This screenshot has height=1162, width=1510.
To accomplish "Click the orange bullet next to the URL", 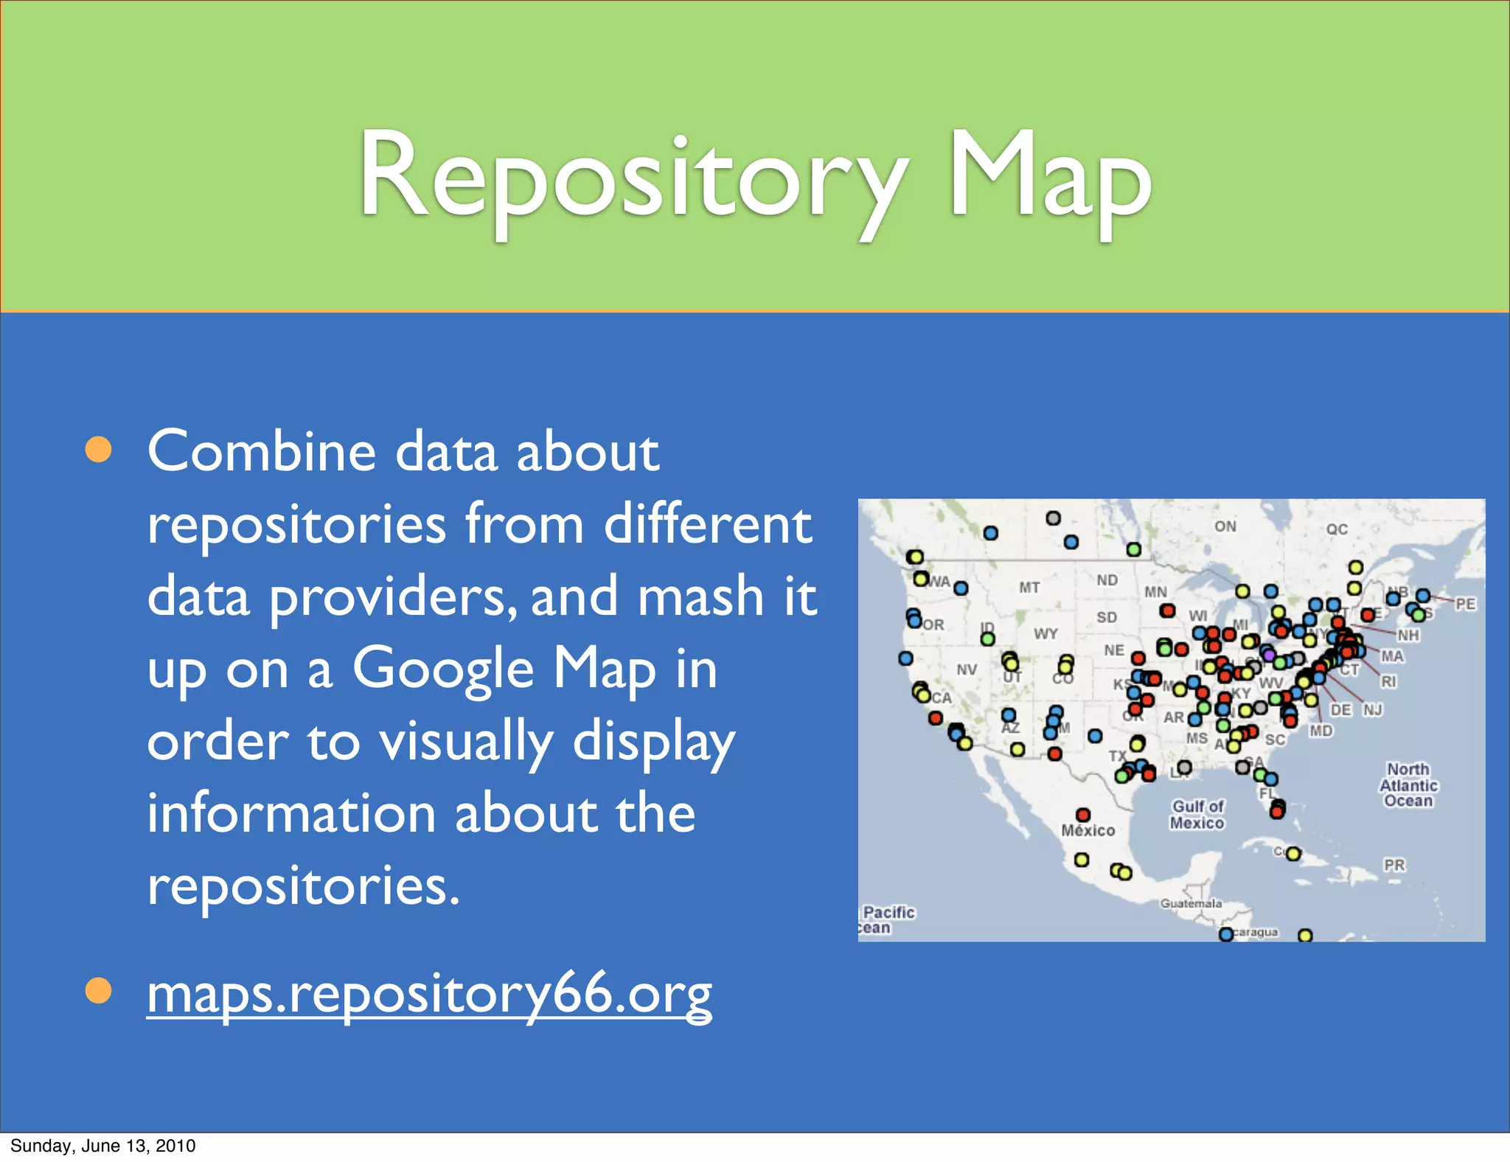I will coord(98,991).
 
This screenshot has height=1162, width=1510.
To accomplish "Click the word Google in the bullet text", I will coord(442,668).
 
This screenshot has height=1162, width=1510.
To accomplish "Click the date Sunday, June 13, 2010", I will coord(103,1145).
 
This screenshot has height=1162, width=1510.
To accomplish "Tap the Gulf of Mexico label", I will coord(1197,814).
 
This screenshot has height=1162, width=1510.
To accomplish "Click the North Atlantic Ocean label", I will coord(1408,784).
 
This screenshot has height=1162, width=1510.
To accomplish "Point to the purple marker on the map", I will coord(1268,654).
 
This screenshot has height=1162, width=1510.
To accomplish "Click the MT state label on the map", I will coord(1029,588).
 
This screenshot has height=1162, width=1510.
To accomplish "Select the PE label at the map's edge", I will coord(1465,604).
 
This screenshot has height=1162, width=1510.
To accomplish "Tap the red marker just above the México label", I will coord(1082,814).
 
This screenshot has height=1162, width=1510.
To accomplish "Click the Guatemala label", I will coord(1191,903).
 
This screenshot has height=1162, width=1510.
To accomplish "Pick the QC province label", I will coord(1337,529).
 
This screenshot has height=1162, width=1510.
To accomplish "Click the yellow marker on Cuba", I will coord(1293,854).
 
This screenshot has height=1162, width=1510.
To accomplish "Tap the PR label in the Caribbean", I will coord(1394,864).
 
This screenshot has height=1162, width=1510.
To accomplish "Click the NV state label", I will coord(967,669).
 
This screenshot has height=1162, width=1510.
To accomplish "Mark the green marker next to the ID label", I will coord(988,639).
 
